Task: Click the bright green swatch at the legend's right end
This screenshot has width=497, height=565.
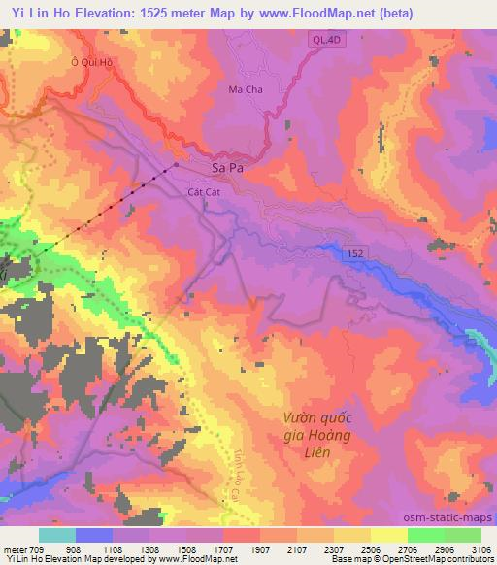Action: coord(462,535)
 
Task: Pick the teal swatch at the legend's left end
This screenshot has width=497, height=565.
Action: coord(56,535)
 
